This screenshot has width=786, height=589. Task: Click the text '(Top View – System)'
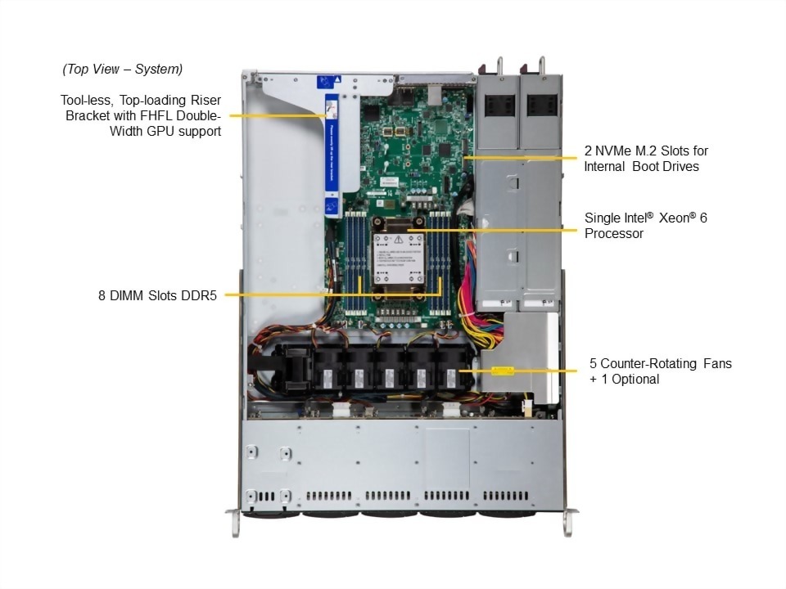(x=122, y=69)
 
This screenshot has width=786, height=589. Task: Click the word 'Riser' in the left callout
(x=202, y=100)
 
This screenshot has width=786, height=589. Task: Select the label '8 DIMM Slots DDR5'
(x=156, y=295)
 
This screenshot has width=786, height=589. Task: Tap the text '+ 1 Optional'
(x=624, y=379)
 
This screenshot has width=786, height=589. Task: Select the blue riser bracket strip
(x=332, y=155)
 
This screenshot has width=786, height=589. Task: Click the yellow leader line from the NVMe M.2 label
(x=524, y=155)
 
